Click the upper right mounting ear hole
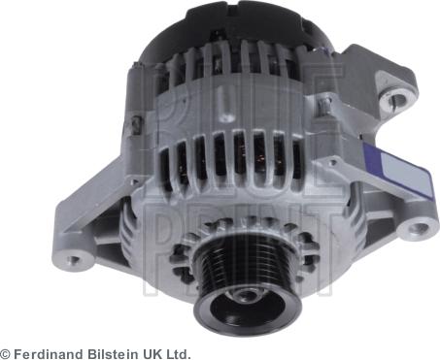point(395,99)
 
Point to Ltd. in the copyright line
point(177,353)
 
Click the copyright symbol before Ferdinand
point(6,353)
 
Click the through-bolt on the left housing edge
point(139,123)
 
